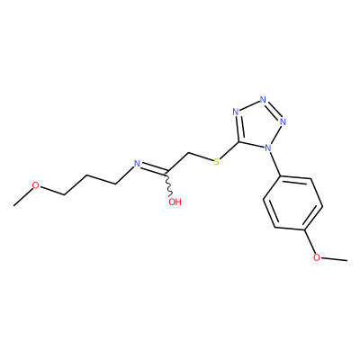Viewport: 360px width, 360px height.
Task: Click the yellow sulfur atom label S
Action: coord(216,162)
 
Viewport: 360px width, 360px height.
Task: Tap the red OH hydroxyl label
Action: coord(175,202)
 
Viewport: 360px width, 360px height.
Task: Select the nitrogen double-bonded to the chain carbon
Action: coord(137,164)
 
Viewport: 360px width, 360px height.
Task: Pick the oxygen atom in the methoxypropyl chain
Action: coord(36,185)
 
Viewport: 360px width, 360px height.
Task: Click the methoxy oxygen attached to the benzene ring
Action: coord(317,257)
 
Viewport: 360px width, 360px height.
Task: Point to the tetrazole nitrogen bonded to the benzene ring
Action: coord(268,148)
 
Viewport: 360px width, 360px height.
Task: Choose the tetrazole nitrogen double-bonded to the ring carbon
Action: coord(236,112)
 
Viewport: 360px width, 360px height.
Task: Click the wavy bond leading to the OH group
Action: coord(168,185)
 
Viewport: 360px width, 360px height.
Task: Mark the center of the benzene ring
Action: coord(292,203)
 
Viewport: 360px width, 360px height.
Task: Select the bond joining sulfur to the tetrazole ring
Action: coord(229,149)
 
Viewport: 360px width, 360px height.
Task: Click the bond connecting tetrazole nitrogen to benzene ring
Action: coord(274,164)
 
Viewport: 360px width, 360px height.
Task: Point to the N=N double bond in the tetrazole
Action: coord(274,110)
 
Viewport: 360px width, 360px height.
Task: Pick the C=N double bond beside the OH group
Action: coord(154,170)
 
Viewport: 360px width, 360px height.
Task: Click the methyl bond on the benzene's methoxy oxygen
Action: coord(334,259)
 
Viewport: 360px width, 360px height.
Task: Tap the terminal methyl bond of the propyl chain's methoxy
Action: coord(22,197)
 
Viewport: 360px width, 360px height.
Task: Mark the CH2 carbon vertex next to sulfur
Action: coord(189,154)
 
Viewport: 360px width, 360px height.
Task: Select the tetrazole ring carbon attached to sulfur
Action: coord(239,141)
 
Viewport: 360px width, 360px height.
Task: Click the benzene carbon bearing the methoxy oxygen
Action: coord(305,230)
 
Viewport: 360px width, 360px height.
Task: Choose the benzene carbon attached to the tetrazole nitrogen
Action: coord(281,176)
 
